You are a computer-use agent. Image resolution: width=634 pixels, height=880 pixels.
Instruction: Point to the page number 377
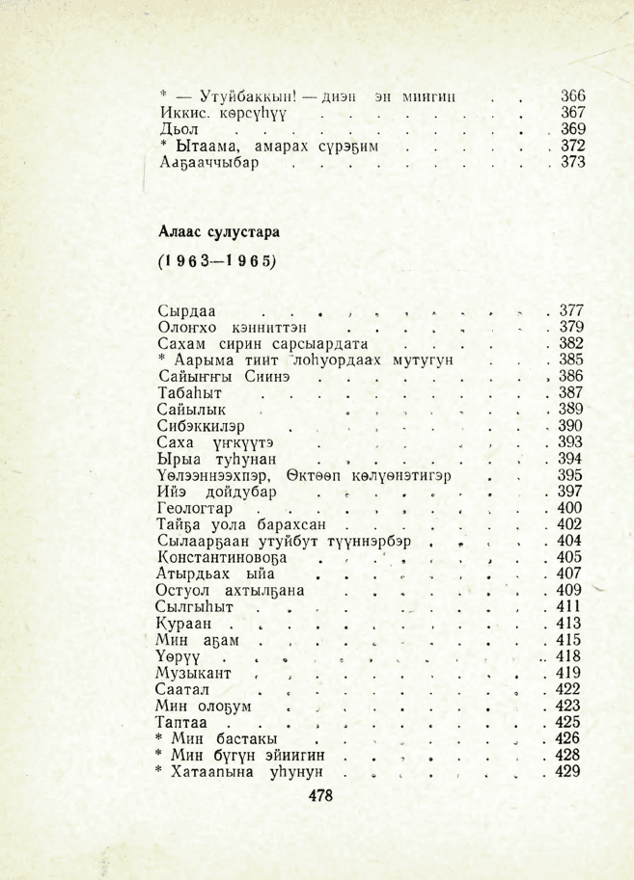(573, 310)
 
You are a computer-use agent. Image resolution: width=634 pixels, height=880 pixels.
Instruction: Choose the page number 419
(573, 672)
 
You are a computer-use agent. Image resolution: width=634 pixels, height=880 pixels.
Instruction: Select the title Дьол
(179, 129)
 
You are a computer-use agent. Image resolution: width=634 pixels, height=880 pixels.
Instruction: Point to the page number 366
(573, 96)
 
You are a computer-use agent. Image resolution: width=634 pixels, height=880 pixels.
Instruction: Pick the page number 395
(573, 474)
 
